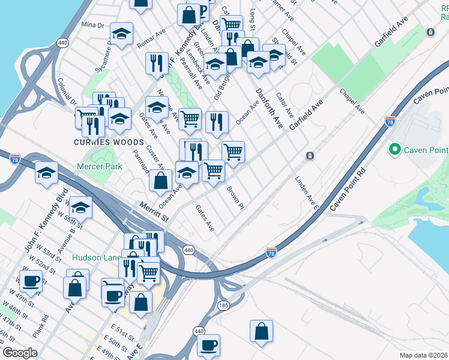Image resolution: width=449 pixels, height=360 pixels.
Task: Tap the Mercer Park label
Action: (99, 166)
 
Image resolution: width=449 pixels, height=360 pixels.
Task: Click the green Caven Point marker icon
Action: (395, 149)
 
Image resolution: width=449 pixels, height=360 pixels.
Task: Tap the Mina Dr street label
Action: (92, 25)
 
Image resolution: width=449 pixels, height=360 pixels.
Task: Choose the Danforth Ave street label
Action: (268, 108)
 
